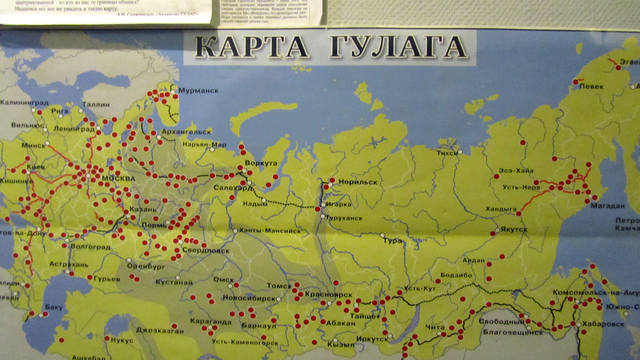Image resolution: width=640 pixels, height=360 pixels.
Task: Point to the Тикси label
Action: (447, 153)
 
